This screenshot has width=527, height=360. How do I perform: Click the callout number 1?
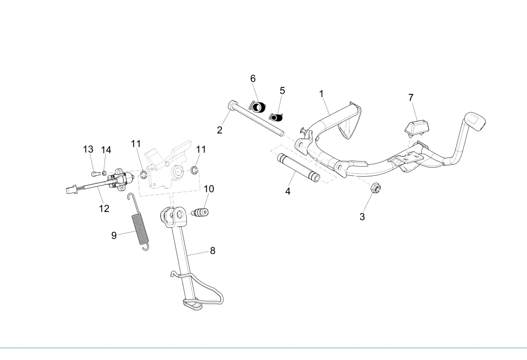tap(321, 94)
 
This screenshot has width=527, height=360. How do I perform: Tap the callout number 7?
tap(411, 98)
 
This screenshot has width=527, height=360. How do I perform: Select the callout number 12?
tap(104, 209)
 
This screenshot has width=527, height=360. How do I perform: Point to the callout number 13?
tap(88, 149)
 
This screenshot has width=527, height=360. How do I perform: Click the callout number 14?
tap(106, 150)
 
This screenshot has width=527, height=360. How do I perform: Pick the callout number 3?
tap(362, 217)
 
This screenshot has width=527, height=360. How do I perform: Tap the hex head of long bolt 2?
tap(232, 105)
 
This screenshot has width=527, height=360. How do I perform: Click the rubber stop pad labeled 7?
tap(417, 129)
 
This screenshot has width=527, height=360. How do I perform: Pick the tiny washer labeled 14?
tap(104, 173)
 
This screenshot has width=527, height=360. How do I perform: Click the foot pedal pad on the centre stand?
tap(475, 121)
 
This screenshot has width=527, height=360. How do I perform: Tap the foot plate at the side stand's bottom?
tap(192, 304)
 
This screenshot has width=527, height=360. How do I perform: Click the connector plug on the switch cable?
tap(72, 190)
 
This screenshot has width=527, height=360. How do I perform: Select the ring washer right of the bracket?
tap(194, 170)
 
